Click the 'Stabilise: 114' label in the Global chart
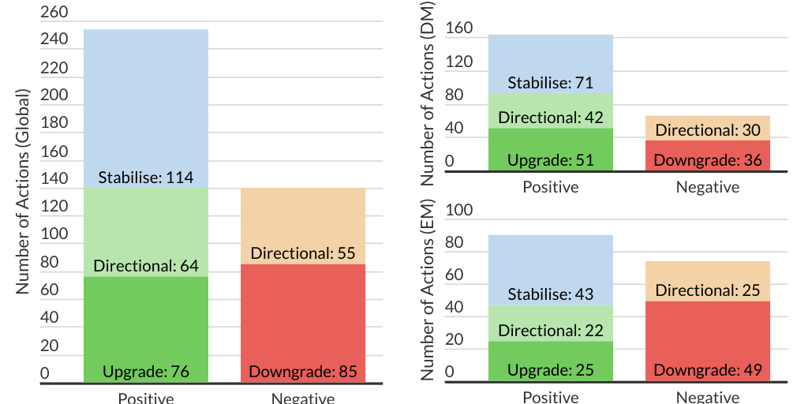coord(146,178)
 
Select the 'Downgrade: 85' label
coord(303,372)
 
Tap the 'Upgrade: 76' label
coord(146,372)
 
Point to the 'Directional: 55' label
coord(303,253)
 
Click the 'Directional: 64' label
coord(146,266)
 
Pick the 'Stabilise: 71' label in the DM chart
coord(550,83)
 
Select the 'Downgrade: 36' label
coord(708,160)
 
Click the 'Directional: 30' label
coord(708,130)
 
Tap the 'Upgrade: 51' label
coord(550,160)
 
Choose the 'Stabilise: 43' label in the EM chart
coord(550,294)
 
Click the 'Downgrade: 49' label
coord(708,370)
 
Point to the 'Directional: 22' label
coord(550,331)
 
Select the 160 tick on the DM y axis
coord(459,29)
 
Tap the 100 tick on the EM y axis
coord(459,211)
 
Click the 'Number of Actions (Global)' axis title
coord(23,192)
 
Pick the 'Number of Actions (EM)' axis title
coord(428,292)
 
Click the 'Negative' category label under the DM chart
coord(708,187)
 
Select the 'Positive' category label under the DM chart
coord(550,187)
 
